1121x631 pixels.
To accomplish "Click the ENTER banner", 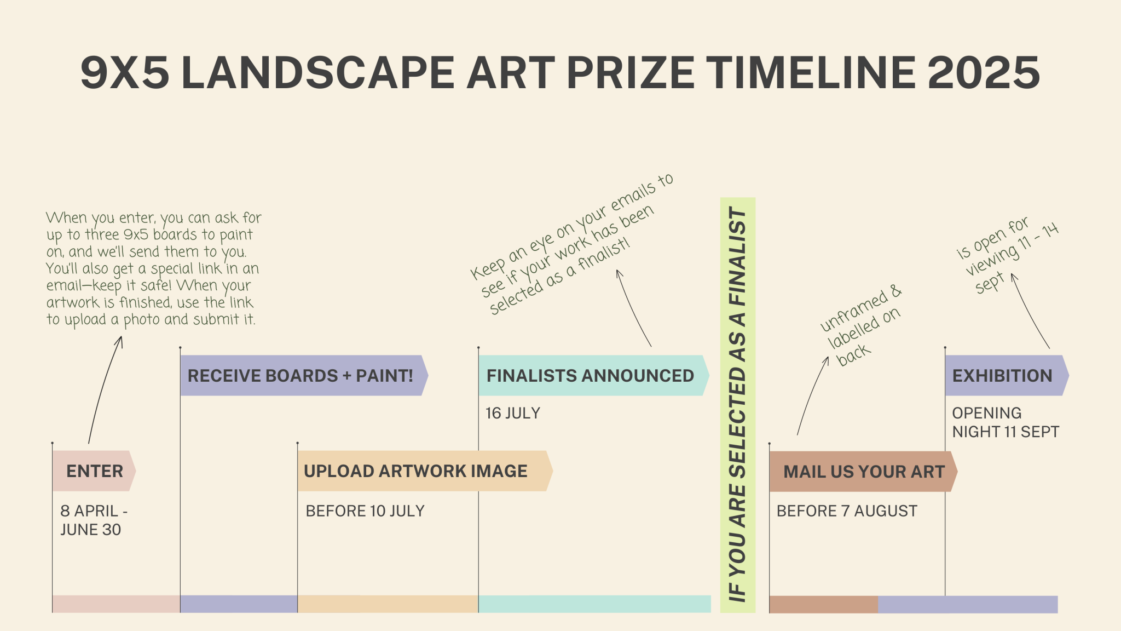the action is [x=94, y=471].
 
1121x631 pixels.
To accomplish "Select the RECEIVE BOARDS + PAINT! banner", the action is [x=304, y=376].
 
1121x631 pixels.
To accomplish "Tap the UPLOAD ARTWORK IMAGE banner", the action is [x=425, y=471].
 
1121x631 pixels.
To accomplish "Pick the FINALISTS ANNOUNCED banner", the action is [x=594, y=376].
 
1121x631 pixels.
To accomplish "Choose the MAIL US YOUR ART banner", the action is [x=863, y=472].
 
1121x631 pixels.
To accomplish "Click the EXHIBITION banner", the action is [x=1007, y=376].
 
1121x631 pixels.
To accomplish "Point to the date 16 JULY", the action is [x=513, y=413].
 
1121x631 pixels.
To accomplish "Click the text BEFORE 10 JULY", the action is [x=365, y=511].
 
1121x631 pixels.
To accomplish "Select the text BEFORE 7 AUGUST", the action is [x=847, y=511].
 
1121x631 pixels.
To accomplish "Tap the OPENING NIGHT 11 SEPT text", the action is [x=1006, y=422].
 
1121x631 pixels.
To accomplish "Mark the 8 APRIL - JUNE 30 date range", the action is [x=94, y=520].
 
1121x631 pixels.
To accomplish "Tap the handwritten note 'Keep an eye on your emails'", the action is [x=571, y=244].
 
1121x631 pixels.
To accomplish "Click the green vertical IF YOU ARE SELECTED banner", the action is [x=738, y=405].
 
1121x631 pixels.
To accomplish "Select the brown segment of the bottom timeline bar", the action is [x=823, y=604].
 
